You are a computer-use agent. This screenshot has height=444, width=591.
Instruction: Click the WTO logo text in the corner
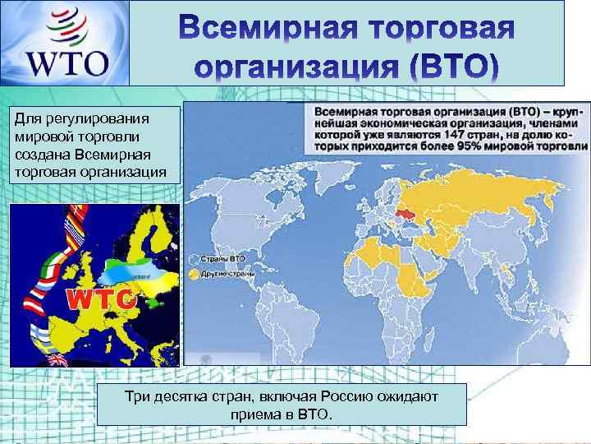67,63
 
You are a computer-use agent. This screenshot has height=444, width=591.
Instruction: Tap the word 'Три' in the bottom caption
136,398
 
